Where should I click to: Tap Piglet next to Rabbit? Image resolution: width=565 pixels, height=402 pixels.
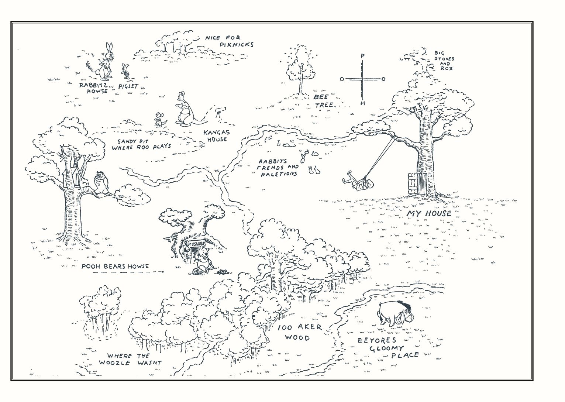click(x=126, y=71)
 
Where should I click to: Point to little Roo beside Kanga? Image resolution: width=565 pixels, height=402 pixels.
click(x=159, y=120)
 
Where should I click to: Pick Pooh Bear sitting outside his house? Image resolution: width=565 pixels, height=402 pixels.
click(x=202, y=260)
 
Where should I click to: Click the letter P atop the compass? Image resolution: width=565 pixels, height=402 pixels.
click(x=362, y=56)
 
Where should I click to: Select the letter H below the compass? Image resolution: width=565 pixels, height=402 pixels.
click(x=362, y=103)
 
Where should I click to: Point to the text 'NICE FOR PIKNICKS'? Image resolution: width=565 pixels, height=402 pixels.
click(x=230, y=41)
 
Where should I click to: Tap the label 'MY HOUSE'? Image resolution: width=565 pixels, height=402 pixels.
click(x=429, y=213)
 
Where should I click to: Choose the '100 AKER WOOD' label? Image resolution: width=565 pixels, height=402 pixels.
click(x=299, y=332)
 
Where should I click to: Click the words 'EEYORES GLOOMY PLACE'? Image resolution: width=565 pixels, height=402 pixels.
click(x=387, y=347)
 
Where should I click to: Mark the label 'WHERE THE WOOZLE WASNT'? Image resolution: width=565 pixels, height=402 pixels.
click(x=130, y=359)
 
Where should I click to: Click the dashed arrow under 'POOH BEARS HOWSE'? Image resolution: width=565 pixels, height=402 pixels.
click(x=128, y=272)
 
